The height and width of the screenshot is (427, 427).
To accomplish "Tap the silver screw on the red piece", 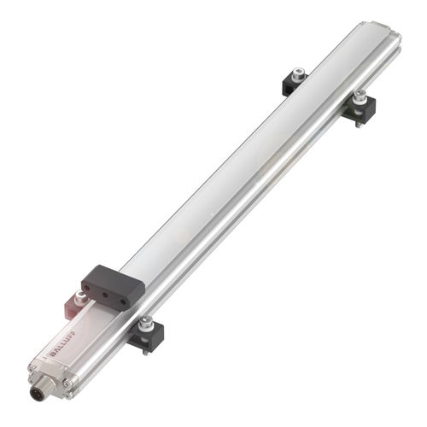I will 81,295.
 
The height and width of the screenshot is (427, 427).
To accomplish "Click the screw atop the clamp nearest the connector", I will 147,322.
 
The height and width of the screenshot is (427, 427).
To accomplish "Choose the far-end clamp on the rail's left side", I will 295,83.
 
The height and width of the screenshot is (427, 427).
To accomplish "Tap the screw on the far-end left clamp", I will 298,75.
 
